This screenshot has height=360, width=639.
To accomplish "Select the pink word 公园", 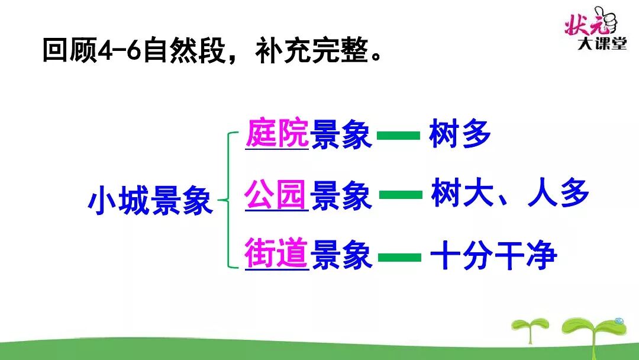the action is tap(276, 195).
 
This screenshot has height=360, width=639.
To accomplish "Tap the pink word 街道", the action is tap(276, 255).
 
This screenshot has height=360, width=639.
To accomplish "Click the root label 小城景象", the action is tap(150, 201).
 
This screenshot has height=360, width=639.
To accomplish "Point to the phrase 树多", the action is tap(460, 134).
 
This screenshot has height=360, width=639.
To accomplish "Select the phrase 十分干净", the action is tap(493, 256).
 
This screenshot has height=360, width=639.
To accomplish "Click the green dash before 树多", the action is tap(398, 136).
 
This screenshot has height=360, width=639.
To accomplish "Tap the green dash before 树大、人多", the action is tap(400, 195).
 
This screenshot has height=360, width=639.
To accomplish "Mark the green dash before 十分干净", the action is tap(400, 257).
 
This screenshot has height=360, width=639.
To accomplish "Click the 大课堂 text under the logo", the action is tap(602, 45).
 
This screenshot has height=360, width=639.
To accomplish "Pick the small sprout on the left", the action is tap(530, 329).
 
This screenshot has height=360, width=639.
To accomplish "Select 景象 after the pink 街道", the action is tap(341, 256).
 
